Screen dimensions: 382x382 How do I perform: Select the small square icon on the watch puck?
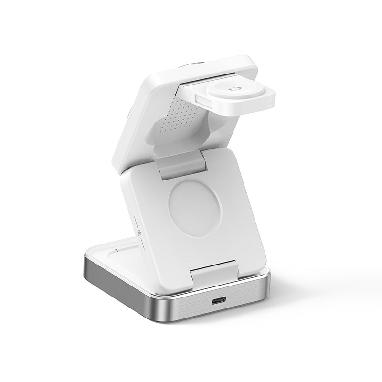click(x=234, y=88)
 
